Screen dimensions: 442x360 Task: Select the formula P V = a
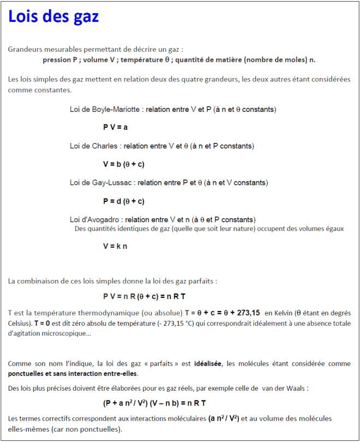click(115, 127)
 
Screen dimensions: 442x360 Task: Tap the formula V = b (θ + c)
click(123, 164)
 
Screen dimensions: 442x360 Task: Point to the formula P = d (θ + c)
click(123, 201)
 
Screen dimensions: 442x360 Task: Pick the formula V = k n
click(115, 246)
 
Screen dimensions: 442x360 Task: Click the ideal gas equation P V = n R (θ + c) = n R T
click(144, 296)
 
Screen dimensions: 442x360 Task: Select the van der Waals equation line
click(154, 403)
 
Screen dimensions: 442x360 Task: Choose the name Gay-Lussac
click(112, 182)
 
